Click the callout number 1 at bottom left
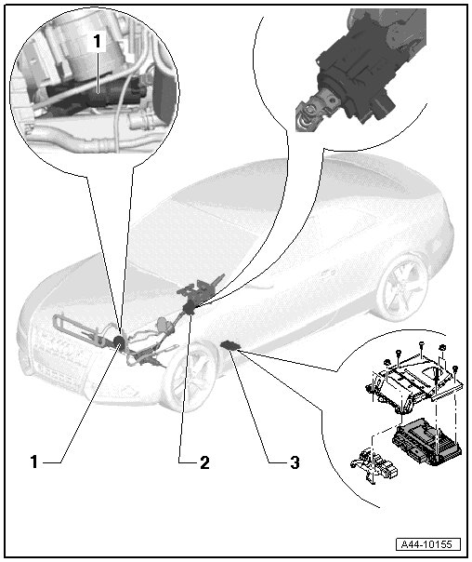(34, 462)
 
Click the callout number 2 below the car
(204, 462)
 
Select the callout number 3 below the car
(295, 462)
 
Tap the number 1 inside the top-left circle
(97, 42)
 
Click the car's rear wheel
(400, 288)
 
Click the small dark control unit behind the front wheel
(230, 345)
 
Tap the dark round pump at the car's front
(119, 341)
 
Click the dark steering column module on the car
(189, 308)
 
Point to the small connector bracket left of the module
(373, 466)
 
